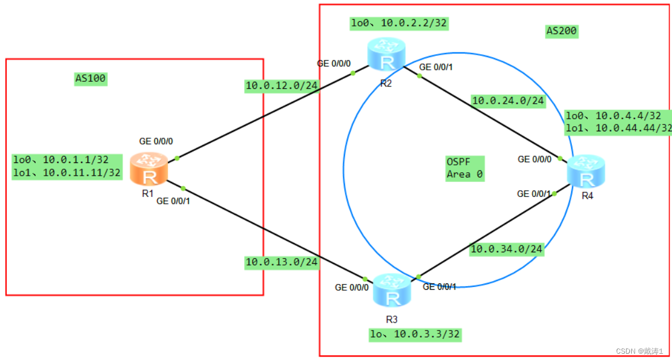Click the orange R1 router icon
tap(149, 169)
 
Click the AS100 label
tap(90, 79)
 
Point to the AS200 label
tap(561, 31)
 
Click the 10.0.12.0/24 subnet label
tap(282, 86)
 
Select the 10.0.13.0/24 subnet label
tap(281, 262)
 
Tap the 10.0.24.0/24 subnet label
tap(508, 101)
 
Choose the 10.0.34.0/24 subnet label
tap(507, 249)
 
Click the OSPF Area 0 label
tap(465, 168)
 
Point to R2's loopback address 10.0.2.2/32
tap(399, 24)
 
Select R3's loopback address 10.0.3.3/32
tap(415, 334)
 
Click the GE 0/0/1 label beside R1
tap(173, 201)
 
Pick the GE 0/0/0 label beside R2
tap(333, 63)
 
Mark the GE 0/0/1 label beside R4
tap(534, 194)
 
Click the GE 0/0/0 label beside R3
tap(351, 287)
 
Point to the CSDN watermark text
tap(639, 351)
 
